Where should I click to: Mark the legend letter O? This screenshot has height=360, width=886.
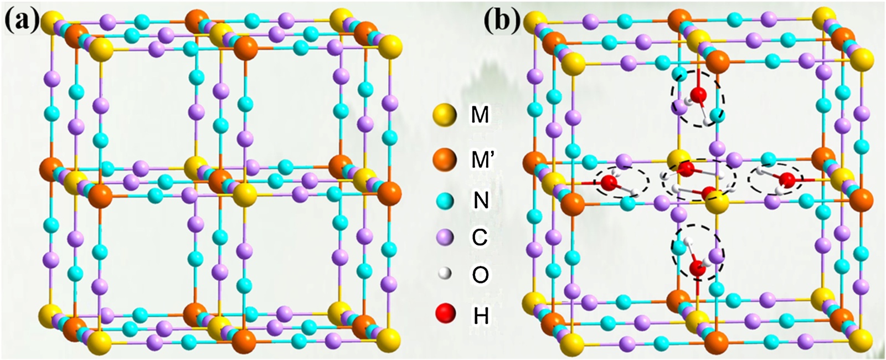click(x=480, y=274)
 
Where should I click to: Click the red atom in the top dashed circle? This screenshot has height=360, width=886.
click(x=699, y=95)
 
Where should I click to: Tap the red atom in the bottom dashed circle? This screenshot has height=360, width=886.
click(x=697, y=269)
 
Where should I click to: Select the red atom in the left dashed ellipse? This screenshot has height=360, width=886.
click(x=609, y=182)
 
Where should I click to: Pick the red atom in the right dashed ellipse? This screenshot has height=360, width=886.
click(x=786, y=179)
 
